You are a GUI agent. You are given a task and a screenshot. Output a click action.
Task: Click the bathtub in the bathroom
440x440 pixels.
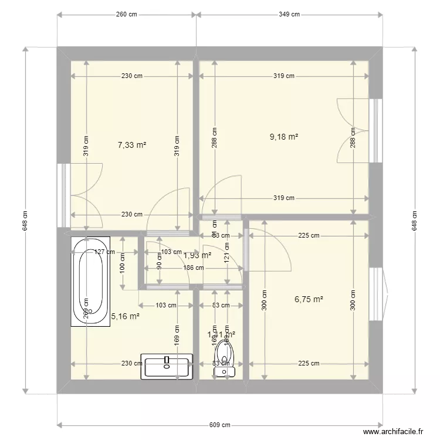(90, 281)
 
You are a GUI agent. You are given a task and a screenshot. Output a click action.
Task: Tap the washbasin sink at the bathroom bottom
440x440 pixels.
(167, 367)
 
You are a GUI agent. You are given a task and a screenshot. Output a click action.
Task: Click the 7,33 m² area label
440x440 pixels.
(132, 145)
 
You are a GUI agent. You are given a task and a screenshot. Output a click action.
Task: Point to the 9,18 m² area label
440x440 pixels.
(284, 137)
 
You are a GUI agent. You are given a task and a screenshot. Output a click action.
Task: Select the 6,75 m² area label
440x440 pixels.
(309, 299)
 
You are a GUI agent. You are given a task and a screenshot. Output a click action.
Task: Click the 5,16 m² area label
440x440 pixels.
(125, 316)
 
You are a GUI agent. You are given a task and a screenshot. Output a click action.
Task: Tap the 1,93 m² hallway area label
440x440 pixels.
(197, 255)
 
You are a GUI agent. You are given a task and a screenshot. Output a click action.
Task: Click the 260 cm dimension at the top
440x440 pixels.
(126, 15)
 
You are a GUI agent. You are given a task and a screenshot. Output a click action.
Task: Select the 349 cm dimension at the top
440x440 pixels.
(289, 15)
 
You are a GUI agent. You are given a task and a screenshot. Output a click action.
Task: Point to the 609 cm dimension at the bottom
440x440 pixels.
(220, 425)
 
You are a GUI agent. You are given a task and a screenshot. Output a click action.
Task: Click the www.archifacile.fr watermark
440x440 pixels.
(393, 431)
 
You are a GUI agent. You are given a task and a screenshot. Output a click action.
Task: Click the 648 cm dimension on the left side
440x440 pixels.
(25, 220)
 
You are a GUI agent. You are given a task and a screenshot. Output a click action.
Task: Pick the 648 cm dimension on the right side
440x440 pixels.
(414, 220)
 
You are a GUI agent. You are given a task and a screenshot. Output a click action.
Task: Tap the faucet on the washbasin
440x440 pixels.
(167, 360)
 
